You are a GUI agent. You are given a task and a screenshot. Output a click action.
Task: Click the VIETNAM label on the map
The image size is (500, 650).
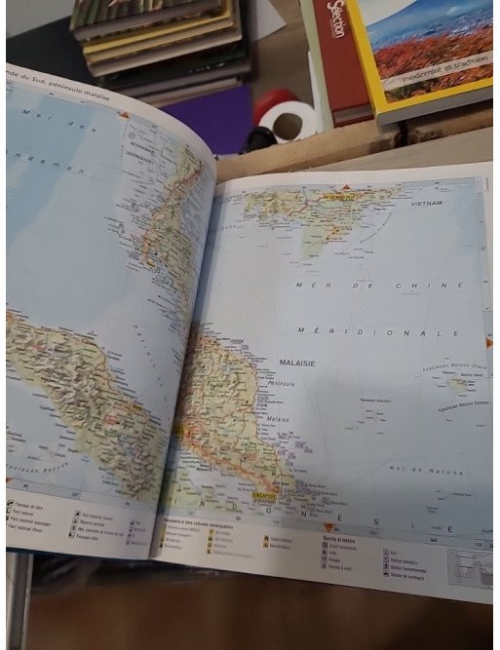point(425,203)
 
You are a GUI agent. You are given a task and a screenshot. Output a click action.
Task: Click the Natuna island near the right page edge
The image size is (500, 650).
point(457,384)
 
